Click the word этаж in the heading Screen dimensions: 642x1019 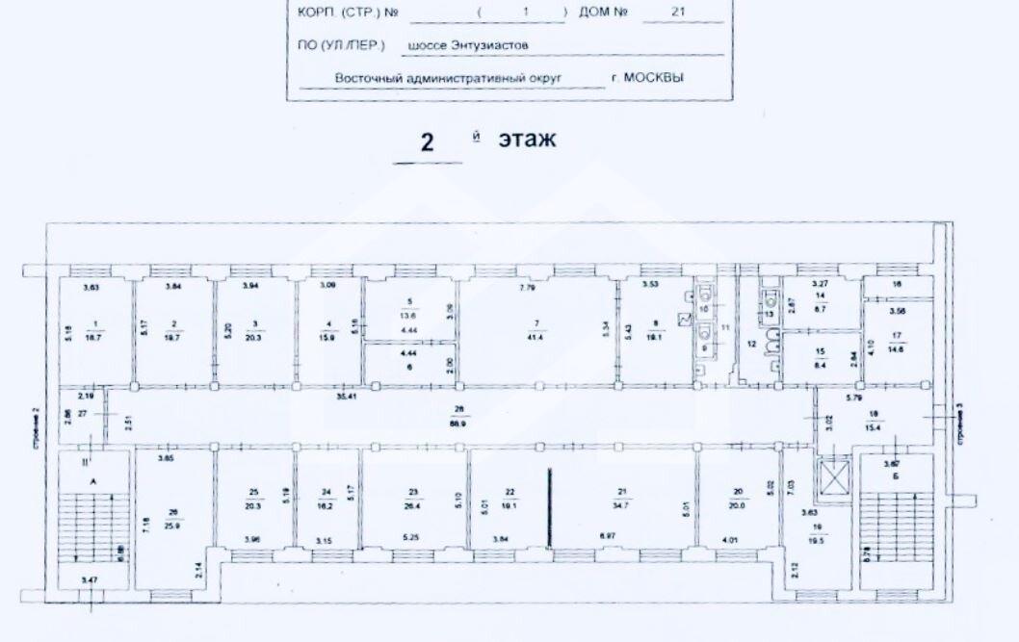(527, 140)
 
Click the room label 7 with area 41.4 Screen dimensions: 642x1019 (536, 329)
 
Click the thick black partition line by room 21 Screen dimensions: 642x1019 (550, 510)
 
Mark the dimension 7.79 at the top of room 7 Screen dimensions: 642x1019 (527, 287)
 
